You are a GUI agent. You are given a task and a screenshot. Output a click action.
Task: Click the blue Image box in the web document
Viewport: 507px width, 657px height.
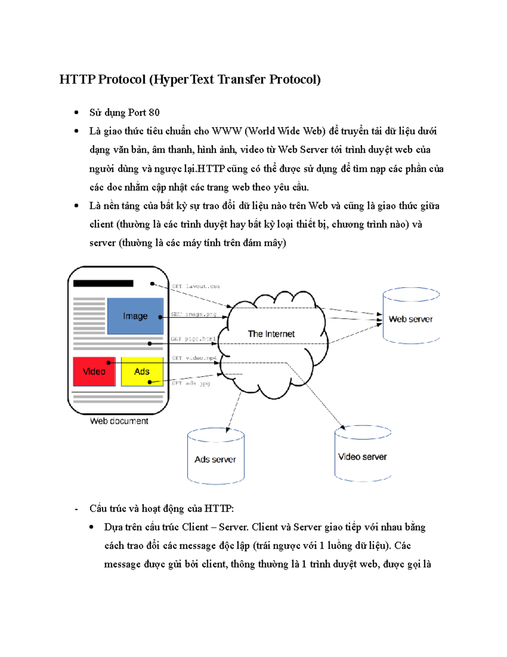tap(135, 316)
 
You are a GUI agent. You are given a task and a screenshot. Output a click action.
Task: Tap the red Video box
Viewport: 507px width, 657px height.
tap(94, 372)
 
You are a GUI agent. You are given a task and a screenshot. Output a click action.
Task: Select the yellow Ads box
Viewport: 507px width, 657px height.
tap(142, 371)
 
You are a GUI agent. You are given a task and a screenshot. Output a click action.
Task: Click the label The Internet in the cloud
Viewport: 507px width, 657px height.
tap(271, 334)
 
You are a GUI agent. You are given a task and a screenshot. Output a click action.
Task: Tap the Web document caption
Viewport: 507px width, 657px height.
tap(119, 421)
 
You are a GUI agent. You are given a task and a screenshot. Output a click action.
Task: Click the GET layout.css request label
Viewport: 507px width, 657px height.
tap(196, 286)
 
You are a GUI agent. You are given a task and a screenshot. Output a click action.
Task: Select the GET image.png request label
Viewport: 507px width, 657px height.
tap(194, 314)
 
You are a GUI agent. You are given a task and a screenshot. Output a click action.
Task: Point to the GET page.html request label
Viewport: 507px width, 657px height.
tap(193, 339)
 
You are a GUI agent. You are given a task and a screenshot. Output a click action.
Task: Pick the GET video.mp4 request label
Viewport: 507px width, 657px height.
tap(194, 358)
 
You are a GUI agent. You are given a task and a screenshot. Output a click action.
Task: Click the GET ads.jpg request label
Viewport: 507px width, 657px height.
tap(191, 383)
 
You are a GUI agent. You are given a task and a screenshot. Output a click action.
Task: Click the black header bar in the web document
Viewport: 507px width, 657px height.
tap(103, 283)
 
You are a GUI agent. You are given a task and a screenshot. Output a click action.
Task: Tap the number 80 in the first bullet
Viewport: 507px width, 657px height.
tap(154, 113)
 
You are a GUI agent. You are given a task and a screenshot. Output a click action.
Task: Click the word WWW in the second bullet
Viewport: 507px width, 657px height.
tap(226, 131)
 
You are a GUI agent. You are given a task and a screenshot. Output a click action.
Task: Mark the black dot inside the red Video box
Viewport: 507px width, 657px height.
tap(109, 363)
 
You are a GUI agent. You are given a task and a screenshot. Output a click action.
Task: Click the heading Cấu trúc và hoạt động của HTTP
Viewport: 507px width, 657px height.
tap(161, 509)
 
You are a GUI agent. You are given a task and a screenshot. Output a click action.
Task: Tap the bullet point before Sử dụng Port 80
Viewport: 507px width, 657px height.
tap(76, 113)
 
